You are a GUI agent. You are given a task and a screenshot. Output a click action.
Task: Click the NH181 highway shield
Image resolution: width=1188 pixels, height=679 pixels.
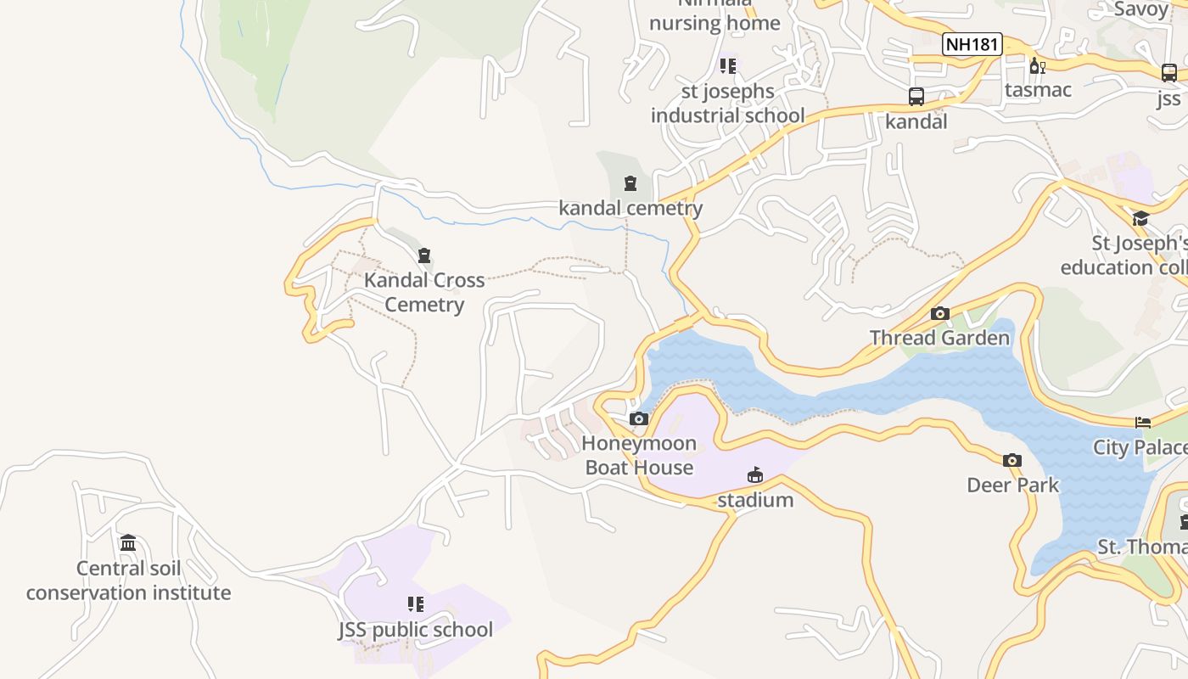(972, 44)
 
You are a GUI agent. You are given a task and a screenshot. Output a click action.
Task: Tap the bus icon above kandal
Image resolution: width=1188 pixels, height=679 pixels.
(916, 97)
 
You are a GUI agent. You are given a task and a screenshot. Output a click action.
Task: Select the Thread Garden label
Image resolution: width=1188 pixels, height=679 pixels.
(939, 338)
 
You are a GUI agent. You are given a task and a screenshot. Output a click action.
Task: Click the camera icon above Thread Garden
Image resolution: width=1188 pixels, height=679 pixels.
(939, 314)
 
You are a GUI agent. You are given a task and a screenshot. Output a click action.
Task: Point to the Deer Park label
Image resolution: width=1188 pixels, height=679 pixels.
(1012, 485)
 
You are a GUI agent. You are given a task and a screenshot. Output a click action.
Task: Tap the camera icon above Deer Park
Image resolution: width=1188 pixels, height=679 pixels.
(1011, 461)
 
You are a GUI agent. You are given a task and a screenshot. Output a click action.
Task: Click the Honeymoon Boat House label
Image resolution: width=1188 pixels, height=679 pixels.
(640, 456)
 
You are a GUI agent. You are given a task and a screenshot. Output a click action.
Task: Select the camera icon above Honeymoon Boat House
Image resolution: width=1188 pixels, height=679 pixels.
(639, 419)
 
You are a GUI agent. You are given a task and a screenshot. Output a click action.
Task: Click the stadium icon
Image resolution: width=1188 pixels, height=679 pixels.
(755, 475)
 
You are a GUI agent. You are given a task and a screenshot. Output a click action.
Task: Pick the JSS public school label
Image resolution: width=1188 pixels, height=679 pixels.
(415, 630)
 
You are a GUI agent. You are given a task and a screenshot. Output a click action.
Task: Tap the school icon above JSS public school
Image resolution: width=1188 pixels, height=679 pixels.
(415, 604)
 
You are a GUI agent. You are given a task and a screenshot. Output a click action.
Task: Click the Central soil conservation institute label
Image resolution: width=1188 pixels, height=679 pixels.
(128, 581)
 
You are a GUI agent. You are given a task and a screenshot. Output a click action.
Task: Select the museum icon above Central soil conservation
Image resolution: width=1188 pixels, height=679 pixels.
(128, 543)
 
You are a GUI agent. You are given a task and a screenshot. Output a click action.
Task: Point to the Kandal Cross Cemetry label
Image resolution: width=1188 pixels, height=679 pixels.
(424, 292)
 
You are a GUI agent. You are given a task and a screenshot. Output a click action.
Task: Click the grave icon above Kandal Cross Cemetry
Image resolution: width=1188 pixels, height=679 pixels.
(424, 255)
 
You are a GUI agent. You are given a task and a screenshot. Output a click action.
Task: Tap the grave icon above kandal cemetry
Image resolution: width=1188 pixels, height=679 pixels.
(630, 183)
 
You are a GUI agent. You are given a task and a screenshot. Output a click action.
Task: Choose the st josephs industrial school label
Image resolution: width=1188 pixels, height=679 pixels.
(727, 103)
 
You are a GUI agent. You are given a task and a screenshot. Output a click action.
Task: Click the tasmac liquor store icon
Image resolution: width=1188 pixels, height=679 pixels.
(1037, 65)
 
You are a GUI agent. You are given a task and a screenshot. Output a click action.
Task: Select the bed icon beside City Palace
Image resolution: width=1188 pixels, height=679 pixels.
(1143, 423)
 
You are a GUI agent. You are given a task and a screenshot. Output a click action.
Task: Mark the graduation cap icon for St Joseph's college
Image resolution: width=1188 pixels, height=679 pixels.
(1140, 219)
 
